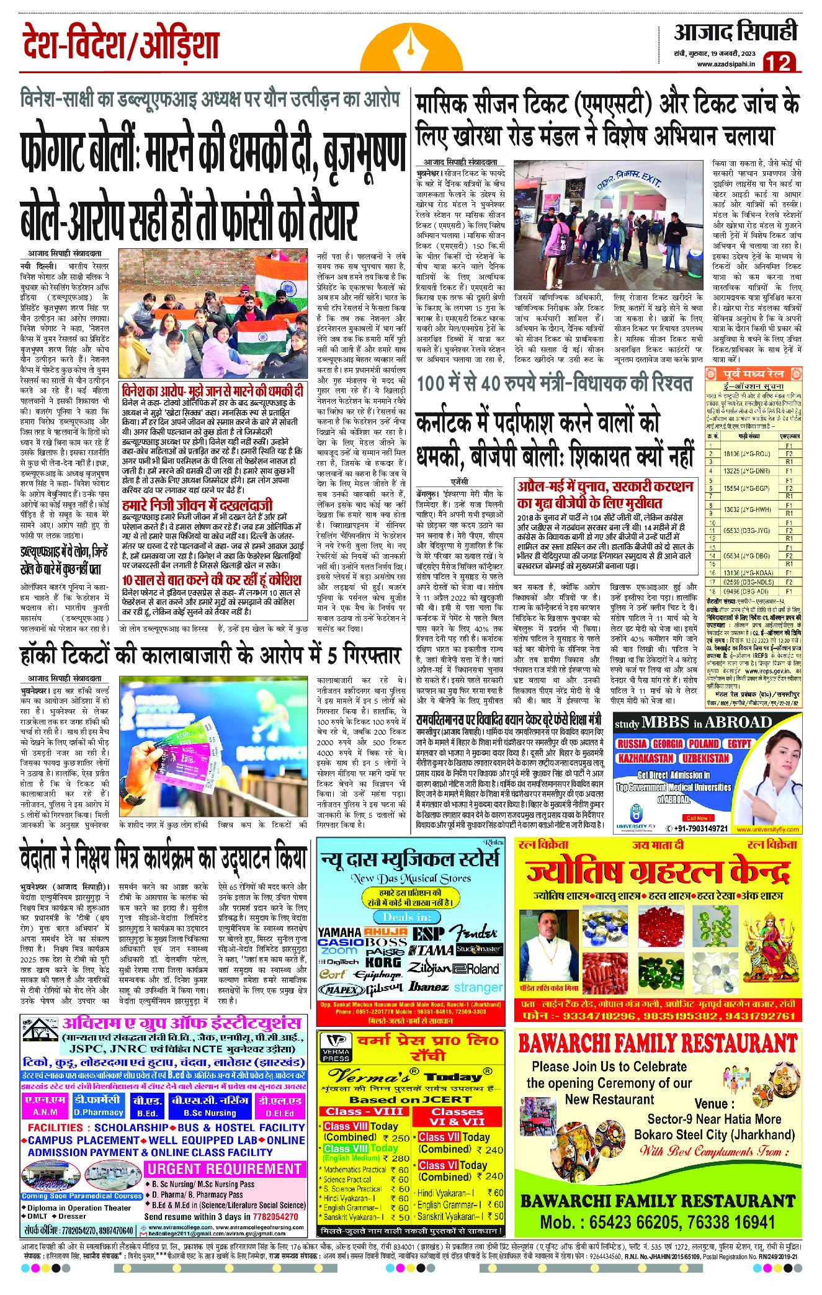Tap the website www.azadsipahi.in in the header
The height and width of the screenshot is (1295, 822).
726,65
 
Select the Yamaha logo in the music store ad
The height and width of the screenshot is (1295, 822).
339,932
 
